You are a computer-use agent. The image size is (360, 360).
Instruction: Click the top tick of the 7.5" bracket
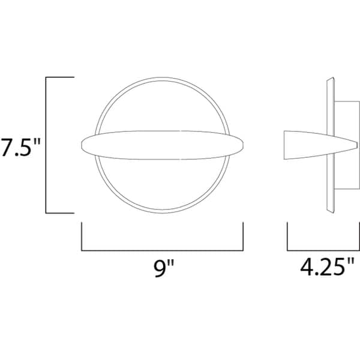(60, 77)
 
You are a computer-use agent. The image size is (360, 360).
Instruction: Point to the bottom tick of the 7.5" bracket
(60, 213)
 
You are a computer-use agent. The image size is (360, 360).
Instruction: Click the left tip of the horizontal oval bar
(81, 145)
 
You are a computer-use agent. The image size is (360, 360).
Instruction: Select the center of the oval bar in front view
(162, 145)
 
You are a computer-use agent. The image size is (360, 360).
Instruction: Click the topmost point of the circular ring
(162, 78)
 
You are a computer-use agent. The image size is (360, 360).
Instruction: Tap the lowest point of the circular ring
(162, 212)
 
